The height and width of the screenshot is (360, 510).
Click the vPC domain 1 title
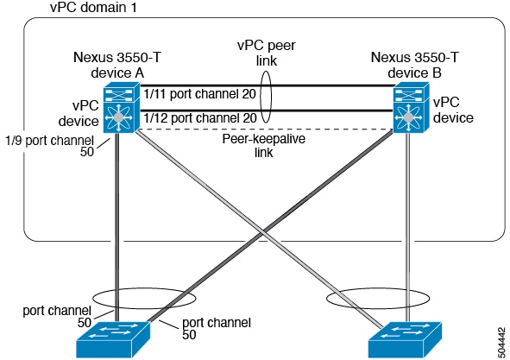(93, 7)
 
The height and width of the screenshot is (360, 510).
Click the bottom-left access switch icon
(113, 340)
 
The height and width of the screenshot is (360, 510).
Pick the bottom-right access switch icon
(405, 340)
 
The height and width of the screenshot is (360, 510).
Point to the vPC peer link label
(267, 53)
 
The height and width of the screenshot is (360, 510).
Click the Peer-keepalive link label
(264, 145)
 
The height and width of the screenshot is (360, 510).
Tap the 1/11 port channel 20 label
(199, 94)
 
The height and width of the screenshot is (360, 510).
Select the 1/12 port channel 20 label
(200, 117)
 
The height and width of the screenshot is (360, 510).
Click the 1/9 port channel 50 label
(49, 146)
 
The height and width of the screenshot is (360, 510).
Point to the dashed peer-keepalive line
(264, 129)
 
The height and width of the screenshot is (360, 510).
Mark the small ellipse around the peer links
(261, 97)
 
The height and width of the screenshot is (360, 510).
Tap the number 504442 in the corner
(502, 342)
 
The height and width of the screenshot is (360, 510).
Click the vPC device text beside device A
(79, 113)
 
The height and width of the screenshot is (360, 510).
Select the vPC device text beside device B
(453, 110)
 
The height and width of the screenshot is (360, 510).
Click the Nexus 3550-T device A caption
(117, 65)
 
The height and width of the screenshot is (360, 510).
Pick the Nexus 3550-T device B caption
(415, 65)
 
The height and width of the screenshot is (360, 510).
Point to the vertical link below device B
(407, 227)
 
